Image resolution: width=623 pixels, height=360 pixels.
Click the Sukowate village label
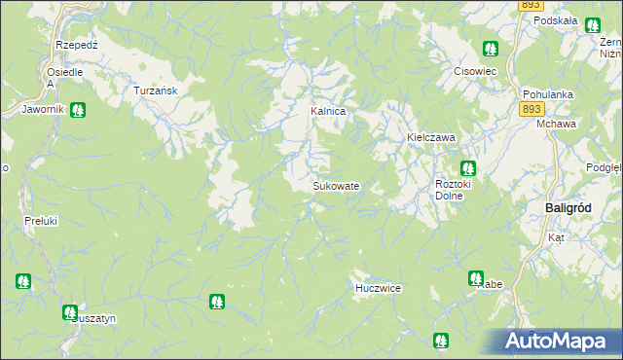click(337, 186)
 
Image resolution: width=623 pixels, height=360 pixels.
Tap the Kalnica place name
click(328, 112)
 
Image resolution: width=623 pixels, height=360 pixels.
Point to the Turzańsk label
click(153, 90)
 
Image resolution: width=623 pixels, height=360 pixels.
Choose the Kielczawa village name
click(431, 138)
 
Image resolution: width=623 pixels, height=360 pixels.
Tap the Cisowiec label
click(476, 71)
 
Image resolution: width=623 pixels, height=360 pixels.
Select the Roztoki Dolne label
click(454, 189)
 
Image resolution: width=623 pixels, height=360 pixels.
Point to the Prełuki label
click(40, 221)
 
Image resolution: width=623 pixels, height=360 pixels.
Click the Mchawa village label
click(556, 125)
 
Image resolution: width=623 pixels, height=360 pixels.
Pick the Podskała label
click(556, 20)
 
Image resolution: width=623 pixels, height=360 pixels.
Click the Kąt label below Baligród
click(556, 237)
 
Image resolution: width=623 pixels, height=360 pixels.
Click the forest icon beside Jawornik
click(77, 110)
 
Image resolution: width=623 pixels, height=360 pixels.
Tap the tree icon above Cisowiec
click(490, 48)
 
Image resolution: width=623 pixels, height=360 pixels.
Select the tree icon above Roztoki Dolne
click(467, 167)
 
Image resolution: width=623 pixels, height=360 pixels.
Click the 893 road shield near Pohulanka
click(530, 111)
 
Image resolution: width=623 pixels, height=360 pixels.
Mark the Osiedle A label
click(64, 77)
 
